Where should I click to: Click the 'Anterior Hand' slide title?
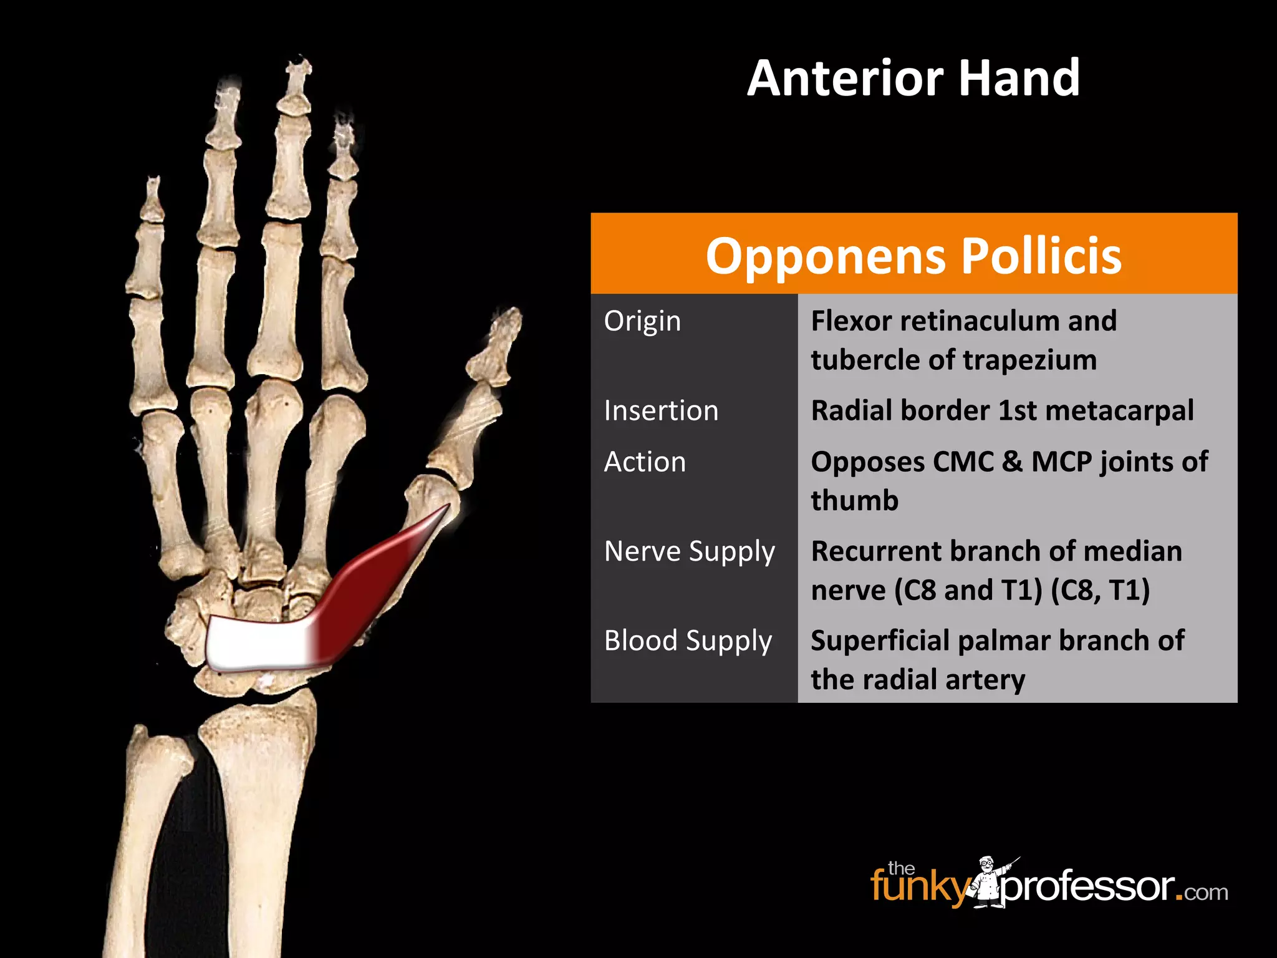coord(913,78)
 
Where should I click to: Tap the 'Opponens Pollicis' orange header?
coord(913,255)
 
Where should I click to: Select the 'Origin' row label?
coord(642,321)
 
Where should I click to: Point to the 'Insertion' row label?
coord(661,411)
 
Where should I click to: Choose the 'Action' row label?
coord(645,462)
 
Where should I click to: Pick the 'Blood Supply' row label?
coord(688,641)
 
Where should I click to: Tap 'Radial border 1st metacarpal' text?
coord(1002,411)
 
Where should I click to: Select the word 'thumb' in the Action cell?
coord(854,501)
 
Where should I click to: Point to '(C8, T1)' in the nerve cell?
coord(1101,590)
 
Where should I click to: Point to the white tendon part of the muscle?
coord(256,642)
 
